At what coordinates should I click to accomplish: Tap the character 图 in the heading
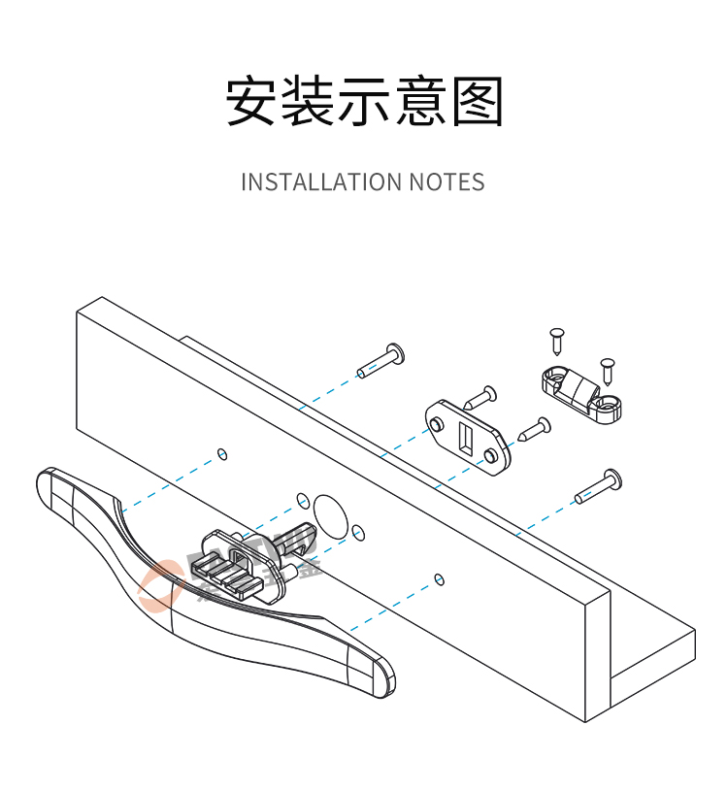478,101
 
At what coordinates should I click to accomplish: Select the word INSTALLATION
320,181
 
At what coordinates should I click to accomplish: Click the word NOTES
447,181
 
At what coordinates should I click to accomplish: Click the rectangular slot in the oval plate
465,438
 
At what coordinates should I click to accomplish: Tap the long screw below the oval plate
599,486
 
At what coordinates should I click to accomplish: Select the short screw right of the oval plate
534,428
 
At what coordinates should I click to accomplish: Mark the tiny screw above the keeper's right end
608,369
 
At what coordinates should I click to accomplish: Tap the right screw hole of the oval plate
493,454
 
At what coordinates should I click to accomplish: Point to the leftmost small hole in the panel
222,453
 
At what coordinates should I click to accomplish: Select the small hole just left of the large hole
303,501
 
